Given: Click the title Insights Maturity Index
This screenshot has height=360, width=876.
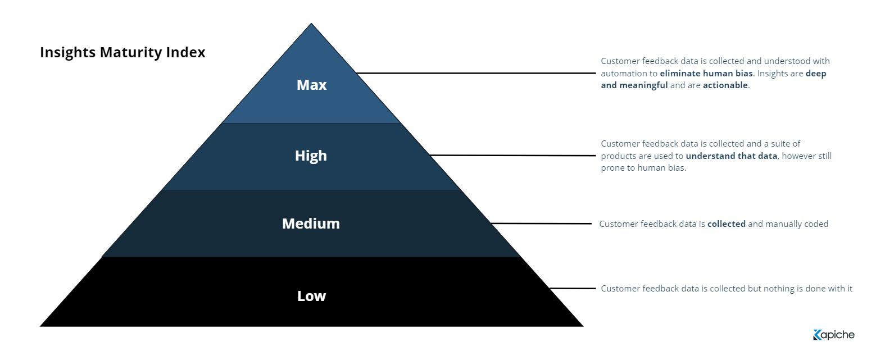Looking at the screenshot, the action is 122,52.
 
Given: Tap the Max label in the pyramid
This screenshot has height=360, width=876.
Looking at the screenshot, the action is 311,85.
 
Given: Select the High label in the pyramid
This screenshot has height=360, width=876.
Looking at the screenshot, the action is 311,156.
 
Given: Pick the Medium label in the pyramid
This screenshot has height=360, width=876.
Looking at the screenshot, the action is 311,224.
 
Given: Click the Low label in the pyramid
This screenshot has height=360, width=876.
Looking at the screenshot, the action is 311,296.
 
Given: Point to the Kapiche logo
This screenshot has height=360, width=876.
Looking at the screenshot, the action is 834,335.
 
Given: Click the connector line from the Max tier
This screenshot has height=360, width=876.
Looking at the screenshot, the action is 476,73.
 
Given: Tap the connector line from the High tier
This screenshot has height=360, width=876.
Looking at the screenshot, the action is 512,156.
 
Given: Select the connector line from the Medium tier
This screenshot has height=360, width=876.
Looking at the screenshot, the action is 541,224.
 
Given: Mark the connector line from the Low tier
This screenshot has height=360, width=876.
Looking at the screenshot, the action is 573,289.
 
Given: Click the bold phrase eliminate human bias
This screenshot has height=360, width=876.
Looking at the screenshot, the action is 706,74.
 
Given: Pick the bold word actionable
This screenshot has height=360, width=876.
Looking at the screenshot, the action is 725,85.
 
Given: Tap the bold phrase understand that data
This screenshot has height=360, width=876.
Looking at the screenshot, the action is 731,156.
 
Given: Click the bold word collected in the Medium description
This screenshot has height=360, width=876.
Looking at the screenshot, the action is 727,224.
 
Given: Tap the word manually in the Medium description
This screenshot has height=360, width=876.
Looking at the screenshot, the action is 783,224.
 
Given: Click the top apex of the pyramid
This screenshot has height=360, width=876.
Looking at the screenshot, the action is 311,24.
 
